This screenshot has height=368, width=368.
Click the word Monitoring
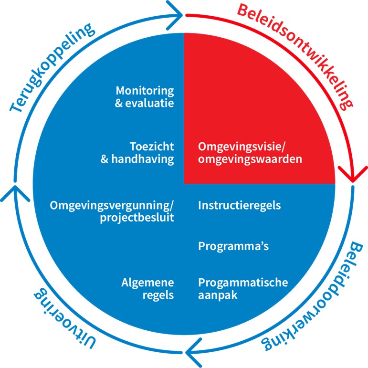coord(145,90)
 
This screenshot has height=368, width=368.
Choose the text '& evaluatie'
coord(145,103)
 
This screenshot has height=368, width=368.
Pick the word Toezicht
coord(151,147)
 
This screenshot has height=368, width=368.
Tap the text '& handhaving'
coord(137,159)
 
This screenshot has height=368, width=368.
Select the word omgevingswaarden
coord(250,159)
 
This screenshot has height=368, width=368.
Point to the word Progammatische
coord(243,282)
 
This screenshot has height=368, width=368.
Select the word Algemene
coord(147,282)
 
